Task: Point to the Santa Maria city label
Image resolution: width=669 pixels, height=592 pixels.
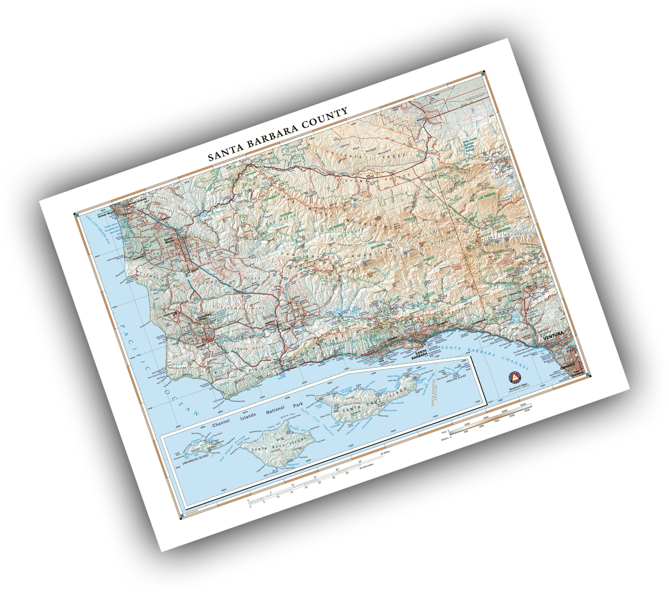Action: [169, 241]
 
